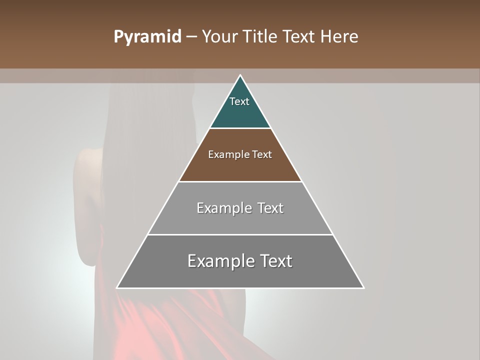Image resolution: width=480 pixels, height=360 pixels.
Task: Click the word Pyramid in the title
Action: [147, 37]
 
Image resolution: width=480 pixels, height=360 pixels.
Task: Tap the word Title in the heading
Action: [261, 37]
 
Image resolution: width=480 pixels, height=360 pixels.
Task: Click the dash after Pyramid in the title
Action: [191, 37]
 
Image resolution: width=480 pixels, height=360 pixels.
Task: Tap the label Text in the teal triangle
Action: [239, 101]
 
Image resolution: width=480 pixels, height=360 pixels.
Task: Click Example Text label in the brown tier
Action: [240, 154]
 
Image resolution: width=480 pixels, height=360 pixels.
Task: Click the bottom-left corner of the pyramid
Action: [118, 287]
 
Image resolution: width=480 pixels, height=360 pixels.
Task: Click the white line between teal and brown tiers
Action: [240, 128]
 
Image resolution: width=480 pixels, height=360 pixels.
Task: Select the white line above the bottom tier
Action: [240, 234]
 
